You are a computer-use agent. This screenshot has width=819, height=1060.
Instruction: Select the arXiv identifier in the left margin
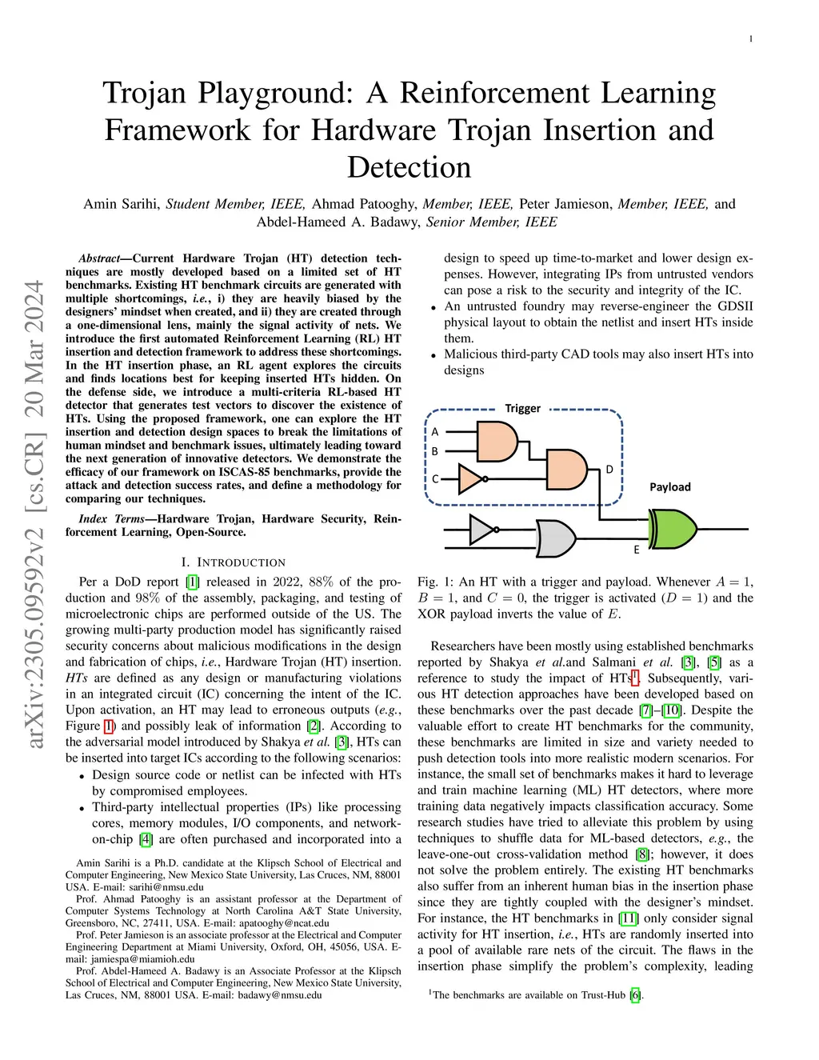click(x=34, y=515)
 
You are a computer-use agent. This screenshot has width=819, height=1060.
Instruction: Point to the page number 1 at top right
click(x=750, y=39)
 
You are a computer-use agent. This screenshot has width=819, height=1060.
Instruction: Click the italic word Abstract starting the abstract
click(x=98, y=258)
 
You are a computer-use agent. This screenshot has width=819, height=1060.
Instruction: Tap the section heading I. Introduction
click(x=233, y=562)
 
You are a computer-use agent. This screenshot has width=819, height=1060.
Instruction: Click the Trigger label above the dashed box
click(x=522, y=408)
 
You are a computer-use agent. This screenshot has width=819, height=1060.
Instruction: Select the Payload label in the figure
click(x=669, y=486)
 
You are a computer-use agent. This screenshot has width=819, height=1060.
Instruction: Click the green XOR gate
click(x=673, y=530)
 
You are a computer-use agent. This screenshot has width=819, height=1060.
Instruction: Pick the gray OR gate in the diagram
click(x=555, y=538)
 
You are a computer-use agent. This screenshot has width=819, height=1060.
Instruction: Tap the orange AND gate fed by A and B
click(x=497, y=441)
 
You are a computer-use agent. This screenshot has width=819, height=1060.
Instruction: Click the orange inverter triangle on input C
click(x=471, y=479)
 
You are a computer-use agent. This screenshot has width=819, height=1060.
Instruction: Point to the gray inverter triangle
click(x=481, y=529)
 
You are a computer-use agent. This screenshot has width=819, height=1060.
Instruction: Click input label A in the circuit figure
click(x=435, y=432)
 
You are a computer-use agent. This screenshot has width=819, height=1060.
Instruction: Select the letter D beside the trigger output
click(x=609, y=470)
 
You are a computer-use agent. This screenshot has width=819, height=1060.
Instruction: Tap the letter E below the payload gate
click(x=637, y=550)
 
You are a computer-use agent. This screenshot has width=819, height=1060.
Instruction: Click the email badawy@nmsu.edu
click(x=285, y=995)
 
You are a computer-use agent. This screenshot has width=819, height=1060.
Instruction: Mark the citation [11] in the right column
click(x=629, y=918)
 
